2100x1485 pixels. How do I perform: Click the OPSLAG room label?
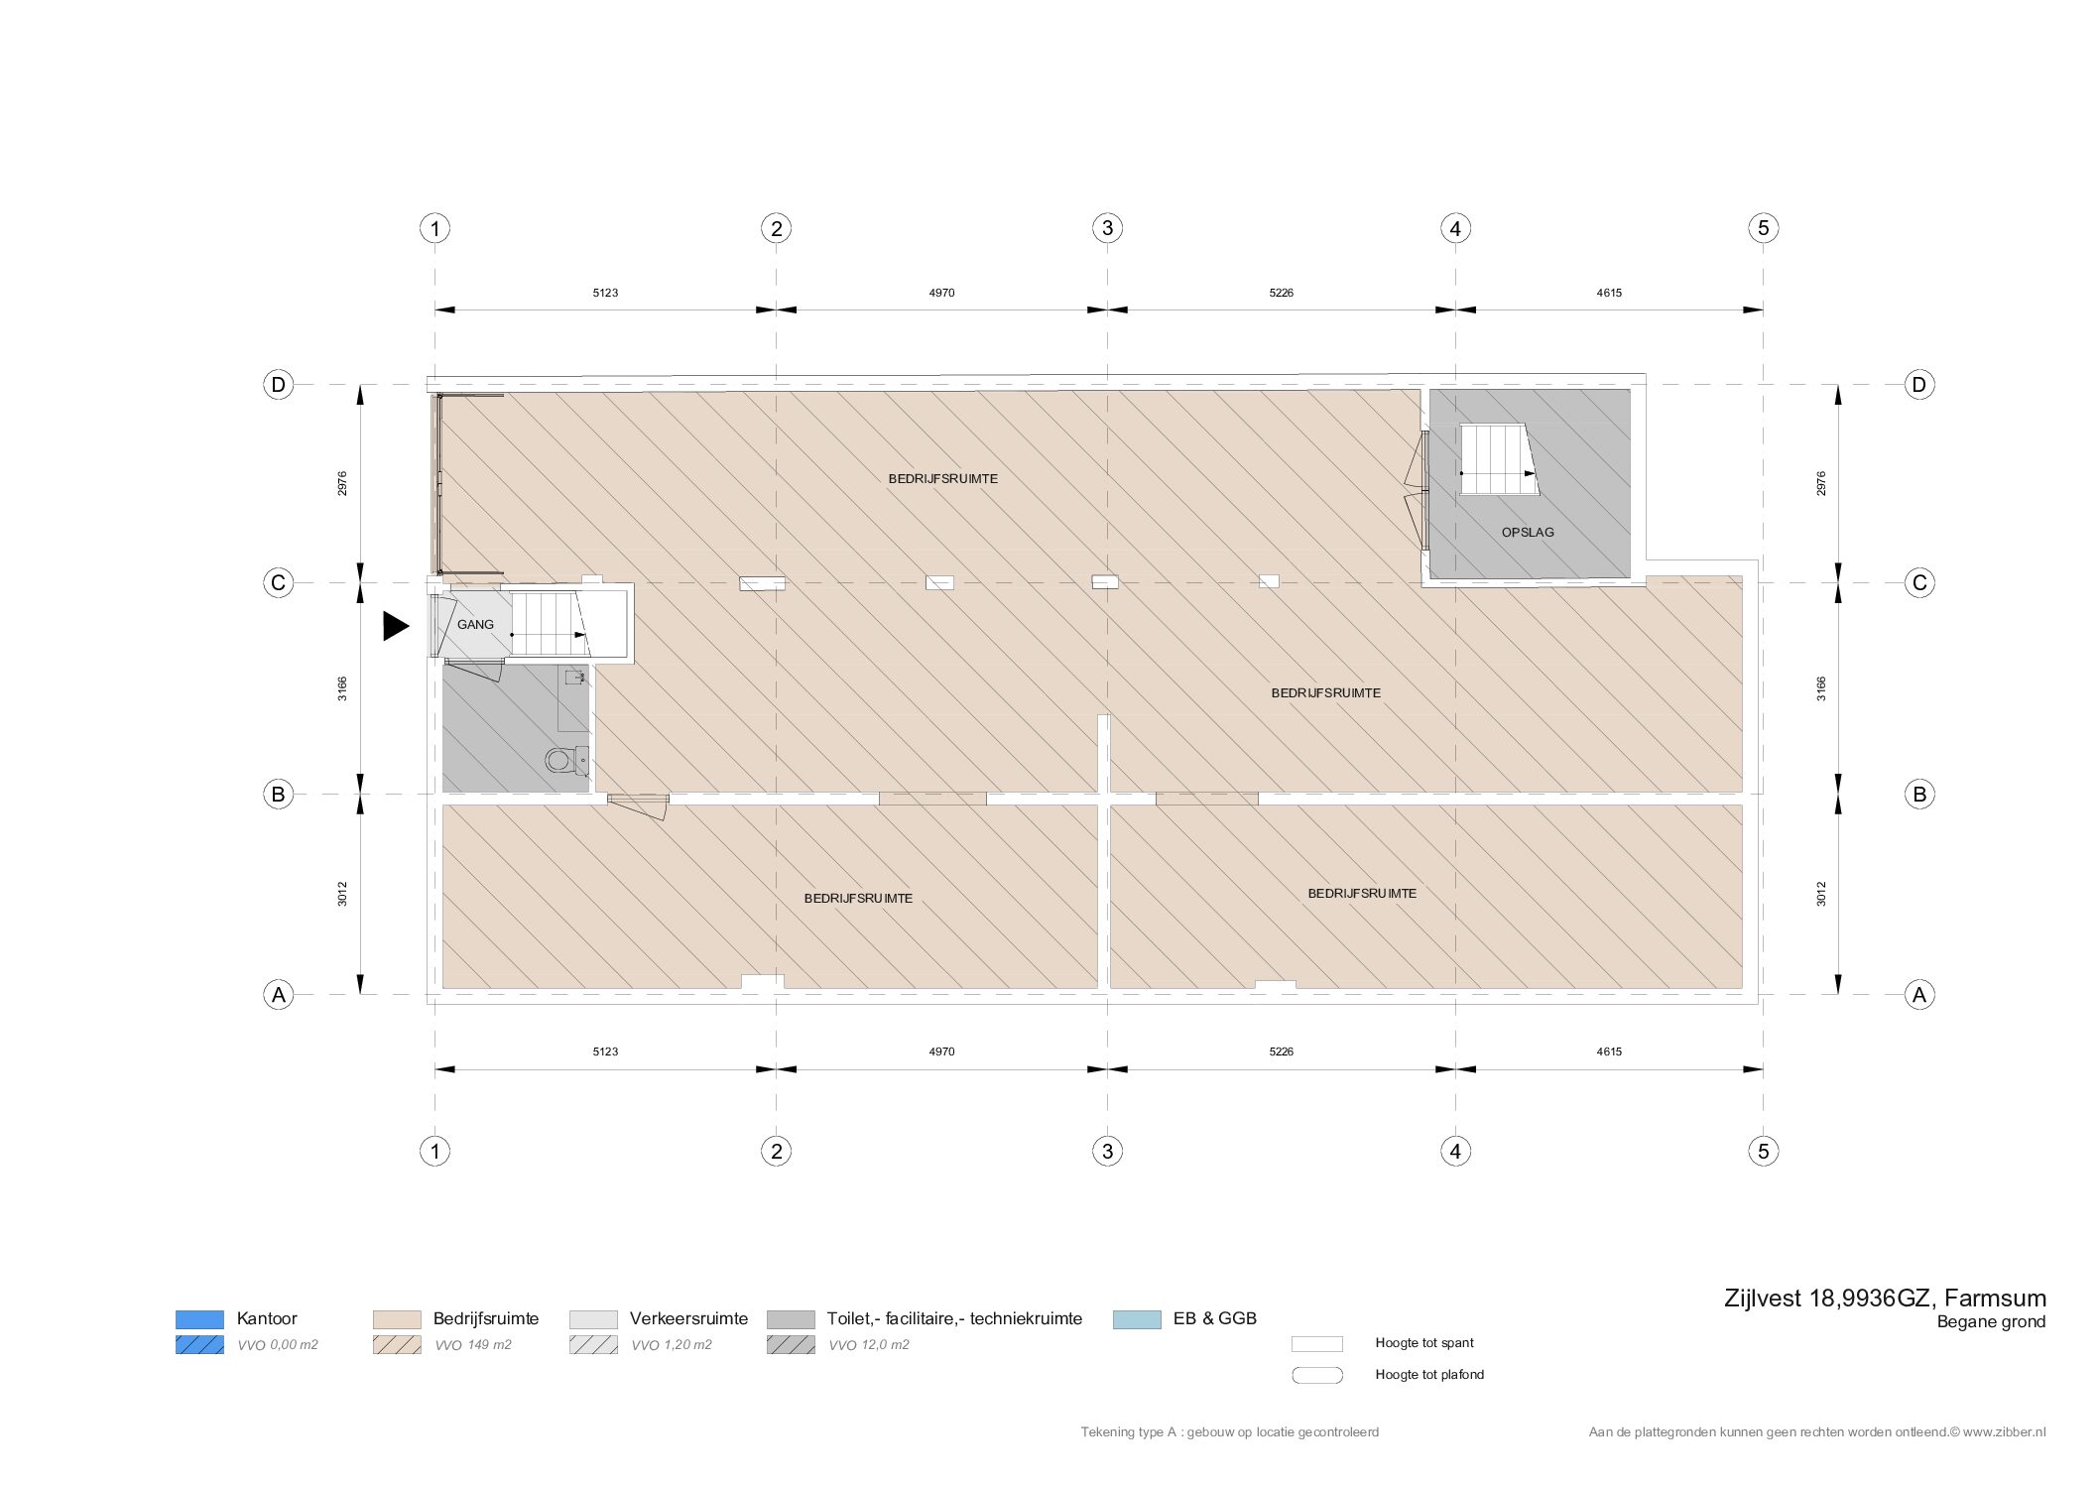(x=1528, y=533)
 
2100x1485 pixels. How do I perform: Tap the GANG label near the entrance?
(x=475, y=625)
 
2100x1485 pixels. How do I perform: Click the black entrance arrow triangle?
(x=396, y=626)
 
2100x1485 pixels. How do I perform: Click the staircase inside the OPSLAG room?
(x=1498, y=459)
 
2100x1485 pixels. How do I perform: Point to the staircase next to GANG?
(x=548, y=624)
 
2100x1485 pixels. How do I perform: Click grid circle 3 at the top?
(x=1107, y=228)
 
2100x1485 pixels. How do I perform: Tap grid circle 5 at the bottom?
(x=1763, y=1151)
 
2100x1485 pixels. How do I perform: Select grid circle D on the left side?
(x=278, y=384)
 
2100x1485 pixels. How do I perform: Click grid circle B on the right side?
(x=1919, y=794)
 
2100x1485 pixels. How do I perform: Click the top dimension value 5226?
(x=1281, y=293)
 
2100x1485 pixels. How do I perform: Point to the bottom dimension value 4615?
(x=1609, y=1052)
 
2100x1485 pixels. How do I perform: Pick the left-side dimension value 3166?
(x=342, y=688)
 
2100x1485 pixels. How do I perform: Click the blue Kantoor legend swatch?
(x=199, y=1319)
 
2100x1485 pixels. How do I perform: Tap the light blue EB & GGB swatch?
(x=1137, y=1319)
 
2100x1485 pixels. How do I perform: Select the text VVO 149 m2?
(x=473, y=1345)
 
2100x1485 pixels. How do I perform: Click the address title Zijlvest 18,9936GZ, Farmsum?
(x=1885, y=1299)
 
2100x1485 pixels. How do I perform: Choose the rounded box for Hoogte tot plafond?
(x=1317, y=1375)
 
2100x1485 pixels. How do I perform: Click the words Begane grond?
(x=1991, y=1322)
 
